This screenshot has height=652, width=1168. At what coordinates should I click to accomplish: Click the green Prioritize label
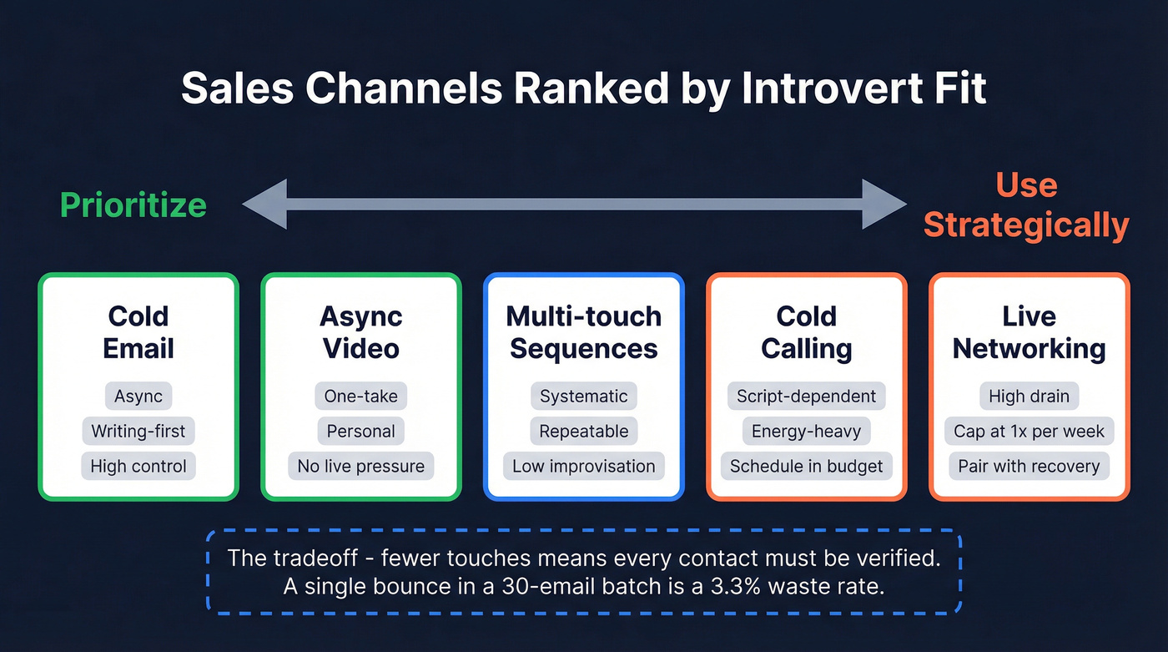tap(133, 205)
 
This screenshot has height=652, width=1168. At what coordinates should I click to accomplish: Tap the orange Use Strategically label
tap(1026, 205)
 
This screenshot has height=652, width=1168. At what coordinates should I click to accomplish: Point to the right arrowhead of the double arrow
tap(884, 204)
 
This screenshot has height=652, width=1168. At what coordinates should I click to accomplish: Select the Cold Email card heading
tap(138, 332)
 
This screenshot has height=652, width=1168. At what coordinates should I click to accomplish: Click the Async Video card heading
tap(360, 332)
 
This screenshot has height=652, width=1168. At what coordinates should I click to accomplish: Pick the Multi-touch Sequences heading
tap(583, 332)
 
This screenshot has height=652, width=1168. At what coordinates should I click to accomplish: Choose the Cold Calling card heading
tap(806, 332)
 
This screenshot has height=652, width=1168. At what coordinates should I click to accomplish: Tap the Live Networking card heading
tap(1029, 332)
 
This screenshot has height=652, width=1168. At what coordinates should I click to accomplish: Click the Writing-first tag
tap(138, 431)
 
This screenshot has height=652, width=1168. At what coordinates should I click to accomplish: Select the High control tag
tap(138, 466)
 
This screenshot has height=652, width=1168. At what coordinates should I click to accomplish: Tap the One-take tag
tap(360, 396)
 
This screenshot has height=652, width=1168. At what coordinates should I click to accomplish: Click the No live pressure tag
tap(360, 466)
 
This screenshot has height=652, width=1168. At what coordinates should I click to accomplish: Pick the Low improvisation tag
tap(583, 466)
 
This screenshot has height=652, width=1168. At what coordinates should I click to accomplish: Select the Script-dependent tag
tap(806, 396)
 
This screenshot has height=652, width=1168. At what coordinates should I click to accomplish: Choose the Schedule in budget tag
tap(806, 466)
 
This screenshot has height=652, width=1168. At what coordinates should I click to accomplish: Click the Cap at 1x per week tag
tap(1029, 431)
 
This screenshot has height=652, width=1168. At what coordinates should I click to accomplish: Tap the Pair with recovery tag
tap(1029, 466)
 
